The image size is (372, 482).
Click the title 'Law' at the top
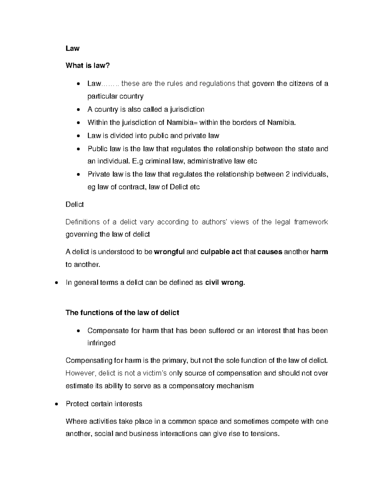click(73, 48)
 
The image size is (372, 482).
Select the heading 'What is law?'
click(88, 66)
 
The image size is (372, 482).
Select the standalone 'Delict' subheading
click(75, 205)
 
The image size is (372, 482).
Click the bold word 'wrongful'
click(169, 252)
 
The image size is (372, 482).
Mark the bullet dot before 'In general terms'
click(56, 283)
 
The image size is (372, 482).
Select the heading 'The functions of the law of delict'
click(122, 313)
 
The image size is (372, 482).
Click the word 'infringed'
click(101, 343)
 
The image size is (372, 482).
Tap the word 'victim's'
click(155, 373)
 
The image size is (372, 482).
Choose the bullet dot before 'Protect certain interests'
click(56, 404)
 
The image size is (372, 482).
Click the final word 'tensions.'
click(265, 434)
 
